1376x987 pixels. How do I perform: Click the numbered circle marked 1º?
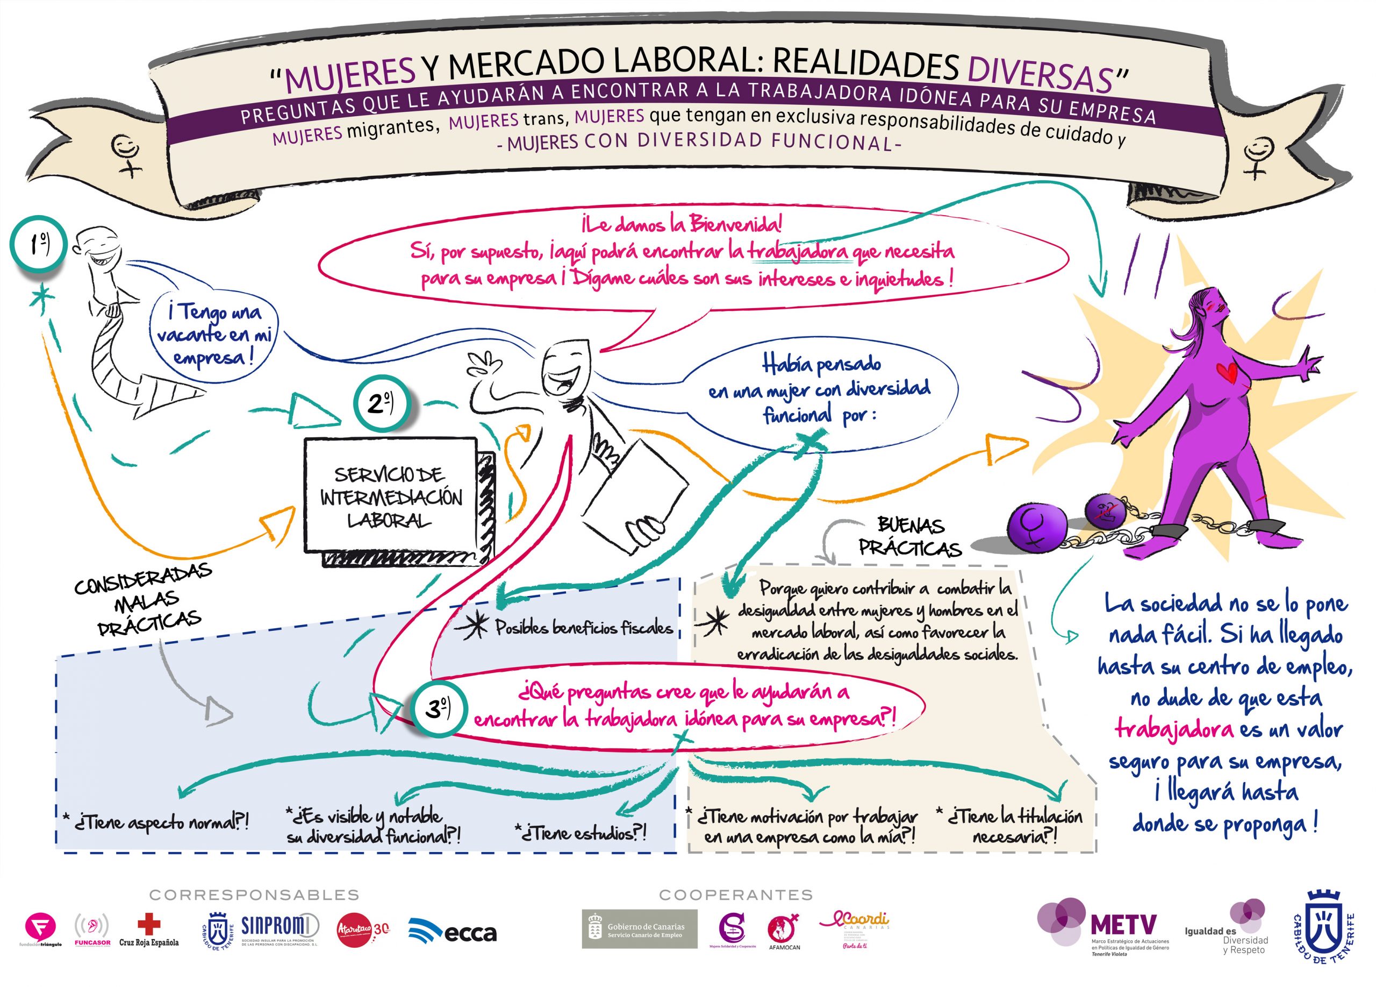pos(37,244)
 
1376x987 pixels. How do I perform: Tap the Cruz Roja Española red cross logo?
pos(149,931)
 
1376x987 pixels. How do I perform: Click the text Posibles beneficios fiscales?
pos(584,628)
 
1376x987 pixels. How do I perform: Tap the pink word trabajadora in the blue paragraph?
pos(1174,728)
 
